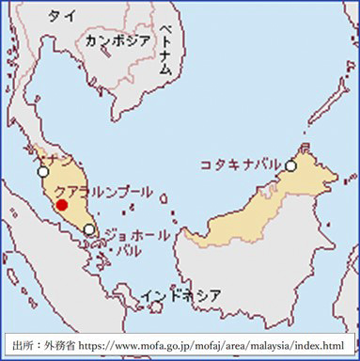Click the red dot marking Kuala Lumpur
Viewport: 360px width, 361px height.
[x=62, y=204]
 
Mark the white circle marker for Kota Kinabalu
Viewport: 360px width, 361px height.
[x=291, y=165]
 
